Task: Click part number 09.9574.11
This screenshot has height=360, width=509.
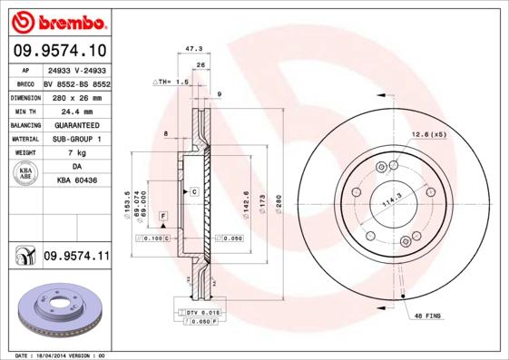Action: tap(76, 257)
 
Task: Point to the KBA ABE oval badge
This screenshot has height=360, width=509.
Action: tap(24, 175)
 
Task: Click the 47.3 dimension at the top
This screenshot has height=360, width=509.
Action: tap(191, 51)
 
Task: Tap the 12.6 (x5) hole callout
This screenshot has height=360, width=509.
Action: tap(428, 134)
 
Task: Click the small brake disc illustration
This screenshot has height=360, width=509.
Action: tap(55, 313)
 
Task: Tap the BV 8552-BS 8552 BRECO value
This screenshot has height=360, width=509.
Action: tap(76, 82)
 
